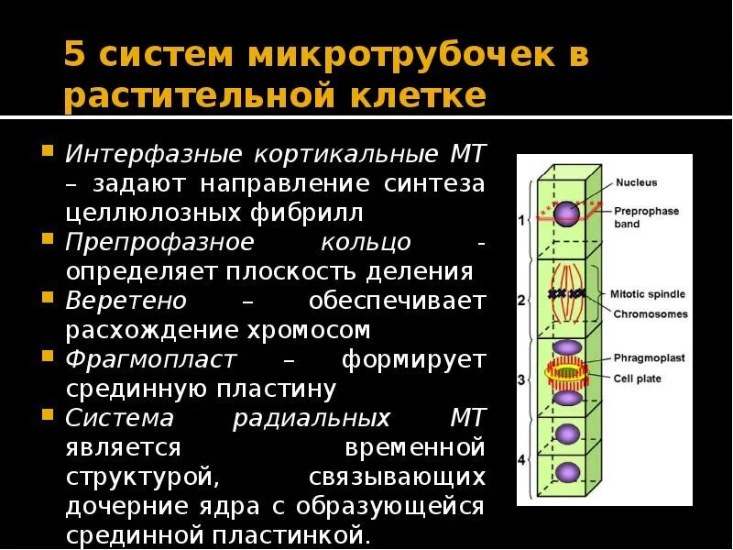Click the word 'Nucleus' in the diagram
click(636, 182)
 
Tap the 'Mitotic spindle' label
click(647, 294)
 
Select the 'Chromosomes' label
click(650, 313)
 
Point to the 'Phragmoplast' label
click(649, 358)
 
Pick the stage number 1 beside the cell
click(520, 220)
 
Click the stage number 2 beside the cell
click(520, 300)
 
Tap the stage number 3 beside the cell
click(520, 379)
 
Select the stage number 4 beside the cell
click(520, 458)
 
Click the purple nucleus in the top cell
click(567, 213)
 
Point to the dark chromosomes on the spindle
click(565, 294)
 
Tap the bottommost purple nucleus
click(569, 472)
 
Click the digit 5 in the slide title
click(75, 56)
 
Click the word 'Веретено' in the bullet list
click(126, 301)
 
